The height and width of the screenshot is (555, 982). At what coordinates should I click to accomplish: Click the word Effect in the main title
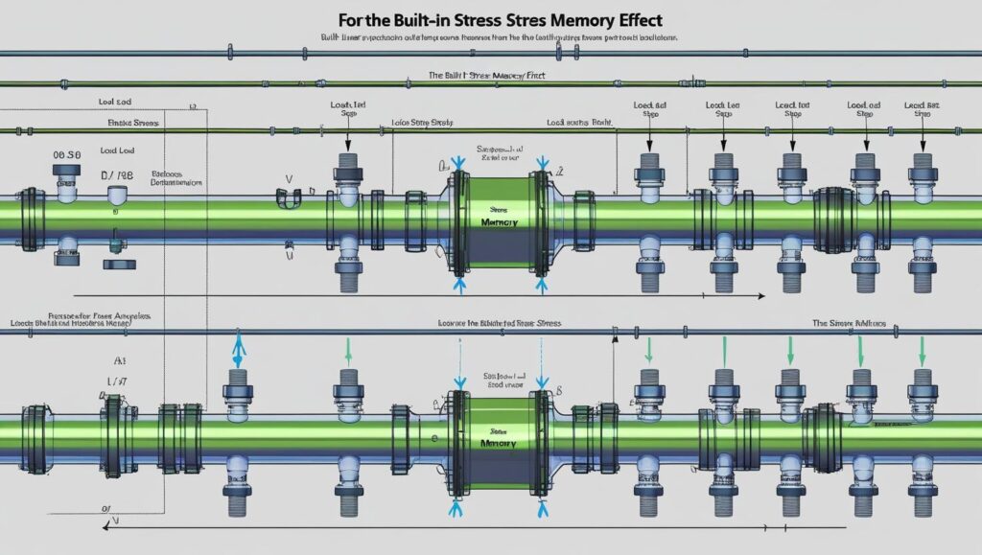point(629,18)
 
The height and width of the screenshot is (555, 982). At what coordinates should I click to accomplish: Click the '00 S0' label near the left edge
point(67,153)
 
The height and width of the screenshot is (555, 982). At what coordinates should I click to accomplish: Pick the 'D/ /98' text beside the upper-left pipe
point(118,176)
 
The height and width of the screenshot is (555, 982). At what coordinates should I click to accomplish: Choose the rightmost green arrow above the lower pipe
point(923,350)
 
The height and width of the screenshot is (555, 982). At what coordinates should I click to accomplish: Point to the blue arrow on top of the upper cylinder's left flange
point(458,164)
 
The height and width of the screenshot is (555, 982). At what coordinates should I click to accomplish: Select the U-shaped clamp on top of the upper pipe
point(289,198)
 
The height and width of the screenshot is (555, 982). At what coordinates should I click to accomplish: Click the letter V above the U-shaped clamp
point(289,178)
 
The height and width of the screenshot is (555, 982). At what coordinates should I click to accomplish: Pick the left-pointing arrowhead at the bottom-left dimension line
point(106,525)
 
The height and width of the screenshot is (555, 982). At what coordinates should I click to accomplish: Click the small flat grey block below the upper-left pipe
point(116,262)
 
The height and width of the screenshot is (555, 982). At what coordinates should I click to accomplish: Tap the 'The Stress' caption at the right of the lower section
point(849,324)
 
